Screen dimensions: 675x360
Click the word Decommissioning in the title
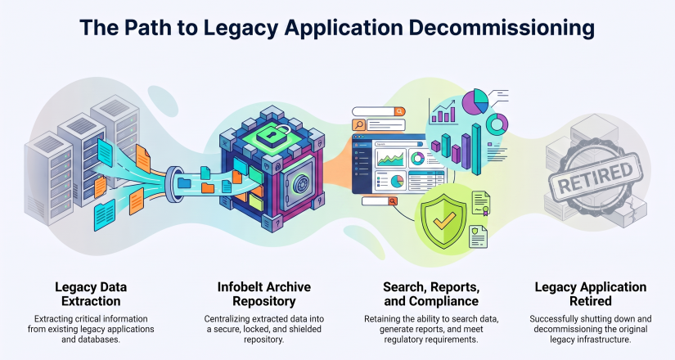502,28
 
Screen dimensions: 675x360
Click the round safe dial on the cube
300,185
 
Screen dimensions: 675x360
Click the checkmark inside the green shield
444,220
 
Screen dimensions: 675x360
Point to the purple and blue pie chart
475,101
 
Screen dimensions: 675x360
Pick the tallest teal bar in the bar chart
476,149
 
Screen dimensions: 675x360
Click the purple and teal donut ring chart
497,124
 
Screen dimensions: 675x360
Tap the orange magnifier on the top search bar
400,111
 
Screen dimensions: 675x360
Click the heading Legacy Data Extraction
91,294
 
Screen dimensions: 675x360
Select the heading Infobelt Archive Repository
264,294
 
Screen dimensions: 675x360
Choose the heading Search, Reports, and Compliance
431,294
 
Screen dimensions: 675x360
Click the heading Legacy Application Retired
591,294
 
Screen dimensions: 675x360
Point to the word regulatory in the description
404,340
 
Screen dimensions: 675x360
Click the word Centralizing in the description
227,319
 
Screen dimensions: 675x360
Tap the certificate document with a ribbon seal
481,203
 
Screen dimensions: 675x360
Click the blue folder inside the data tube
184,182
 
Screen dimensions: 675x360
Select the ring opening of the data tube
172,184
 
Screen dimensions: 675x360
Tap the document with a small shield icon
479,236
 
